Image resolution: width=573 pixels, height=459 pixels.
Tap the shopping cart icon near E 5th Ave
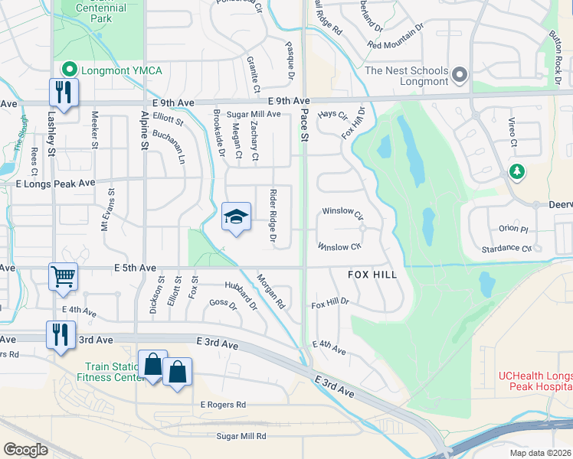click(x=63, y=276)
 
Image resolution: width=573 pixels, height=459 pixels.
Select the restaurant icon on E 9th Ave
click(x=63, y=93)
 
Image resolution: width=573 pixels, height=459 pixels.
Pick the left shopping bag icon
click(x=152, y=366)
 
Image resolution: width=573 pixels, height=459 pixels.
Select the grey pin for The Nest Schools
click(x=460, y=74)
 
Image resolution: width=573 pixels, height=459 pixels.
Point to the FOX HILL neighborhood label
click(x=372, y=274)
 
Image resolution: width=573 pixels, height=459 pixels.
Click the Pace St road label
click(x=304, y=124)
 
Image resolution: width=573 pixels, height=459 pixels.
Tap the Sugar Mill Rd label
click(x=241, y=435)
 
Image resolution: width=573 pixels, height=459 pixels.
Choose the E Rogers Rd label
click(x=223, y=404)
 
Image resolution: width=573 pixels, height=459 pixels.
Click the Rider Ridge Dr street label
click(x=273, y=216)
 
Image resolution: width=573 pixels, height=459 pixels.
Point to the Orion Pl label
click(x=513, y=228)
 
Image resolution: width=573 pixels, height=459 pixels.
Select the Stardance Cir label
click(x=506, y=249)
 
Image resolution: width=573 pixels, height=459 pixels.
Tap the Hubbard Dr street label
click(x=241, y=296)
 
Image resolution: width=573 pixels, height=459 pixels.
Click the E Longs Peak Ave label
click(x=55, y=183)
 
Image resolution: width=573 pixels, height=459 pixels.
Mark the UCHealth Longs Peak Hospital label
click(x=535, y=380)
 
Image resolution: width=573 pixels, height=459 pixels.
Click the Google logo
click(x=26, y=449)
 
